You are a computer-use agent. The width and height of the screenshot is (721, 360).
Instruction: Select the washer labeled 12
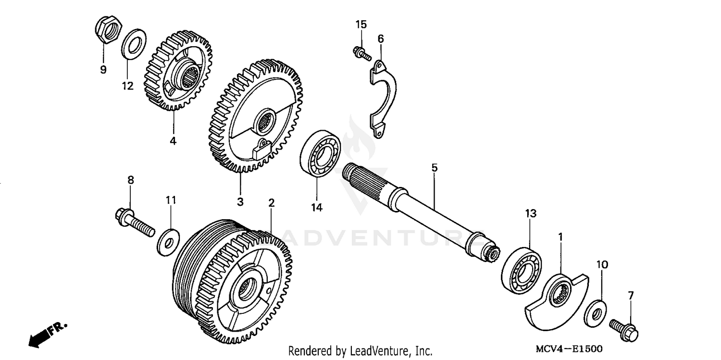coord(134,43)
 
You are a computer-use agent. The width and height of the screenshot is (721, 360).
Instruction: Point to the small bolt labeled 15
coord(361,53)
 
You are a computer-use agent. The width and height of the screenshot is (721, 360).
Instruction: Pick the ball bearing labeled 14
coord(320,152)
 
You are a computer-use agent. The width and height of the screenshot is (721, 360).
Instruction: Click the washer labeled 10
coord(596,313)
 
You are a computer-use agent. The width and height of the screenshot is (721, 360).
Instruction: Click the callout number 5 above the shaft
coord(434,168)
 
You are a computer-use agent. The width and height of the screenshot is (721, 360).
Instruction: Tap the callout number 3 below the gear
coord(240,202)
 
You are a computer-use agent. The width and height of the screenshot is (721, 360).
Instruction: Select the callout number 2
coord(271,203)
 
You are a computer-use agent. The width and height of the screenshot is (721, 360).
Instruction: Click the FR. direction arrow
coord(46,333)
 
